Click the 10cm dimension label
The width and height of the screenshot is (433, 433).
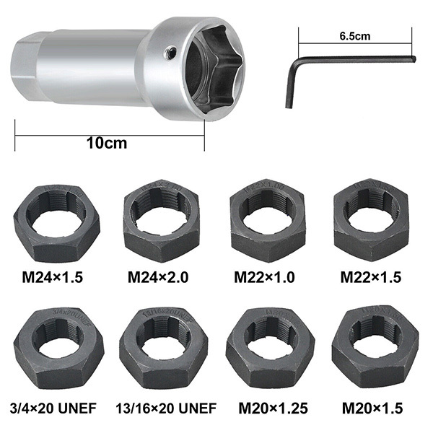pos(107,143)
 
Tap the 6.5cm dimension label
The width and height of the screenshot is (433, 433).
pos(355,36)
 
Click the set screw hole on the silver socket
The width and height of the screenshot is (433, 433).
pos(170,53)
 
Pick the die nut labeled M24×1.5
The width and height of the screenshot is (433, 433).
pos(56,224)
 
